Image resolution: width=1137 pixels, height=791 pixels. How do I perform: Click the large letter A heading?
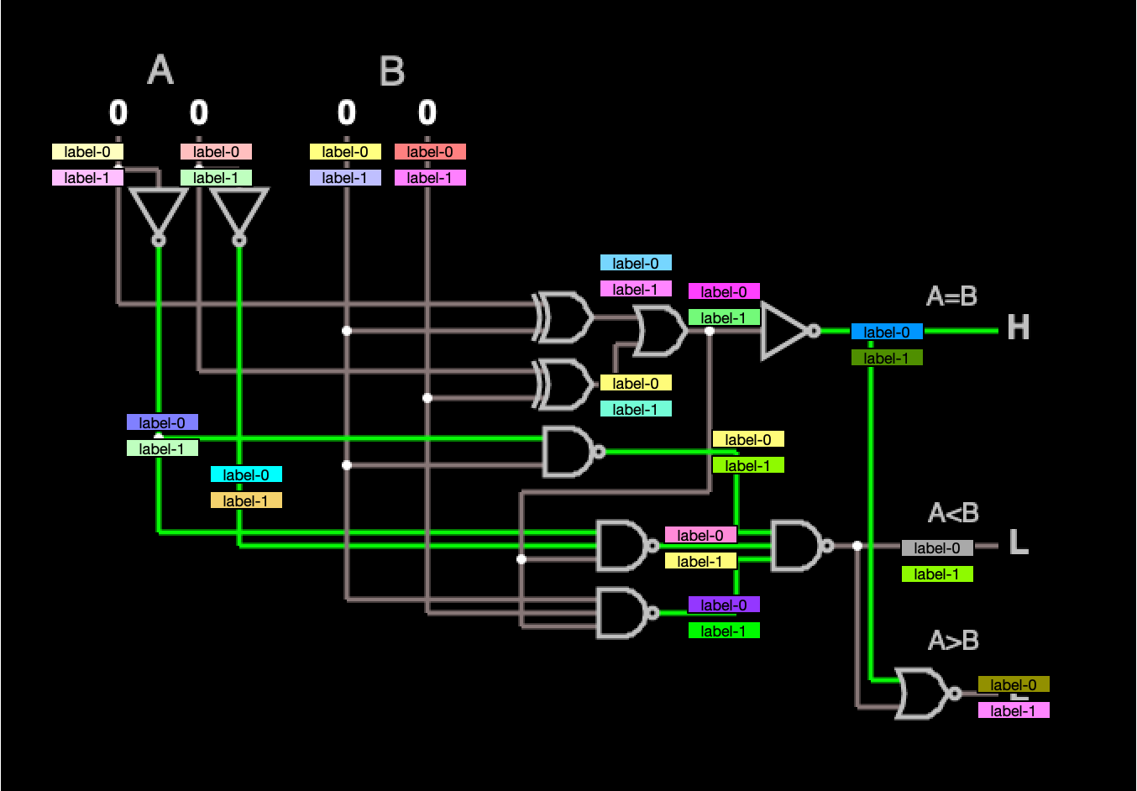pyautogui.click(x=160, y=70)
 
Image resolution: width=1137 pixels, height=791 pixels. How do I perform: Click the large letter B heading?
pyautogui.click(x=392, y=71)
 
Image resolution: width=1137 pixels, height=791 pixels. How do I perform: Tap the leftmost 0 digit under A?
pyautogui.click(x=118, y=113)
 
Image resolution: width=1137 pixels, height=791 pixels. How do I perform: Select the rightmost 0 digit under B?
pyautogui.click(x=427, y=113)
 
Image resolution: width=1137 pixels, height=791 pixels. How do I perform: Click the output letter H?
pyautogui.click(x=1018, y=327)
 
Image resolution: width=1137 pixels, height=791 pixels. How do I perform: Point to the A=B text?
pyautogui.click(x=951, y=296)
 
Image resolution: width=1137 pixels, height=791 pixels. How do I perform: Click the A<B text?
pyautogui.click(x=953, y=513)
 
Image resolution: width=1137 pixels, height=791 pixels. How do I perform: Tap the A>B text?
pyautogui.click(x=953, y=641)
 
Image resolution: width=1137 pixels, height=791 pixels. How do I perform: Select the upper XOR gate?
pyautogui.click(x=563, y=317)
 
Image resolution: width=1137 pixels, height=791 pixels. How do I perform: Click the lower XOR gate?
pyautogui.click(x=563, y=385)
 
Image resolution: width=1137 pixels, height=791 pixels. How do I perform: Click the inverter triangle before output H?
pyautogui.click(x=785, y=331)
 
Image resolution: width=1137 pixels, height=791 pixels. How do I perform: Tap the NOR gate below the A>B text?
pyautogui.click(x=924, y=694)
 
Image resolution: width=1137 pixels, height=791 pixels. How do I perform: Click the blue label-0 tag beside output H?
pyautogui.click(x=887, y=332)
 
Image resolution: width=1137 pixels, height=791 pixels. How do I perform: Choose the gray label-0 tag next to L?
pyautogui.click(x=937, y=548)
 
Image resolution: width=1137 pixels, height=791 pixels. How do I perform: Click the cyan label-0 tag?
pyautogui.click(x=246, y=474)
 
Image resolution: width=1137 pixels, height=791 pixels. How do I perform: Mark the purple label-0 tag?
pyautogui.click(x=724, y=605)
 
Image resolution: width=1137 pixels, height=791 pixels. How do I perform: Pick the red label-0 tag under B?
pyautogui.click(x=430, y=152)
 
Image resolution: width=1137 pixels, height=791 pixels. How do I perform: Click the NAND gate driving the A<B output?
pyautogui.click(x=797, y=546)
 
